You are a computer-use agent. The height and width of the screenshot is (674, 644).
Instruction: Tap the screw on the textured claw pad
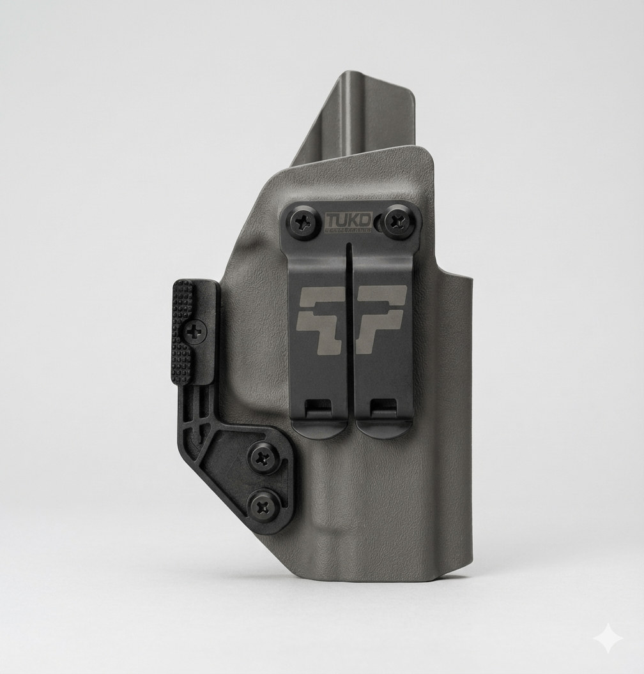tap(195, 331)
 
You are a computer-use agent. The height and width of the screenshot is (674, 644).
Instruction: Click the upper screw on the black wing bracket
tap(263, 456)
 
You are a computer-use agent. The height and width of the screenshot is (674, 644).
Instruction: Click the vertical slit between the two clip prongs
tap(351, 332)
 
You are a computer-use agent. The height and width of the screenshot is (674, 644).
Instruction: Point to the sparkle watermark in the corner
tap(606, 638)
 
